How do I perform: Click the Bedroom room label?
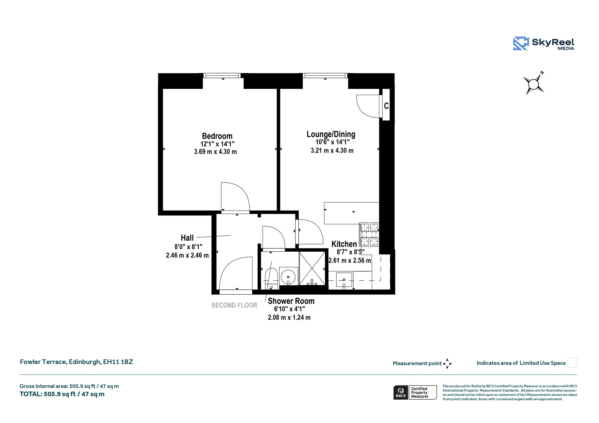click(217, 136)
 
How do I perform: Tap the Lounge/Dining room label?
click(331, 134)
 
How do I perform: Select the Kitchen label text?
click(344, 244)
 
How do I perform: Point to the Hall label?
click(187, 238)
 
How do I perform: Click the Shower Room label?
click(291, 301)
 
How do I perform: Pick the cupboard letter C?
click(386, 106)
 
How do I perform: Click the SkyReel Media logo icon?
click(521, 44)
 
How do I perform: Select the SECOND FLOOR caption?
click(234, 305)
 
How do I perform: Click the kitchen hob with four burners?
click(369, 234)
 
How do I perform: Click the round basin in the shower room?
click(289, 276)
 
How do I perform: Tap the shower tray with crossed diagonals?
click(312, 268)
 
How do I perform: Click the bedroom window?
click(223, 76)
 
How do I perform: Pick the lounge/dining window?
click(325, 76)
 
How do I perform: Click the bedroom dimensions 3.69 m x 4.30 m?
click(216, 152)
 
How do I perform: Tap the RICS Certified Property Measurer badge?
click(415, 392)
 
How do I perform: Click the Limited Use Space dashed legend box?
click(572, 362)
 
